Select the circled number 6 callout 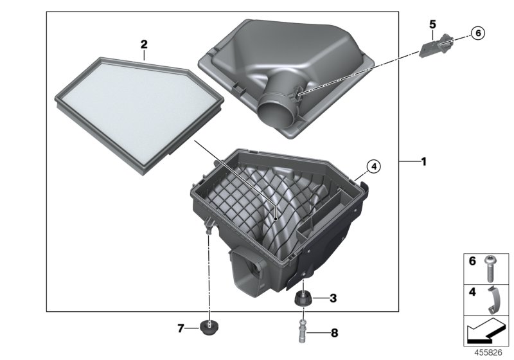tap(477, 33)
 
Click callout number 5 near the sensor tap(432, 24)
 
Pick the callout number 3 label tap(333, 298)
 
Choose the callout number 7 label tap(181, 329)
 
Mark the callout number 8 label tap(333, 333)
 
